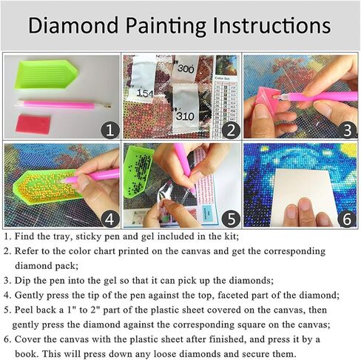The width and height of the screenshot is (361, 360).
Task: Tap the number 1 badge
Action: click(109, 130)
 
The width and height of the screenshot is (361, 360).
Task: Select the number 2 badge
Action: click(230, 130)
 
